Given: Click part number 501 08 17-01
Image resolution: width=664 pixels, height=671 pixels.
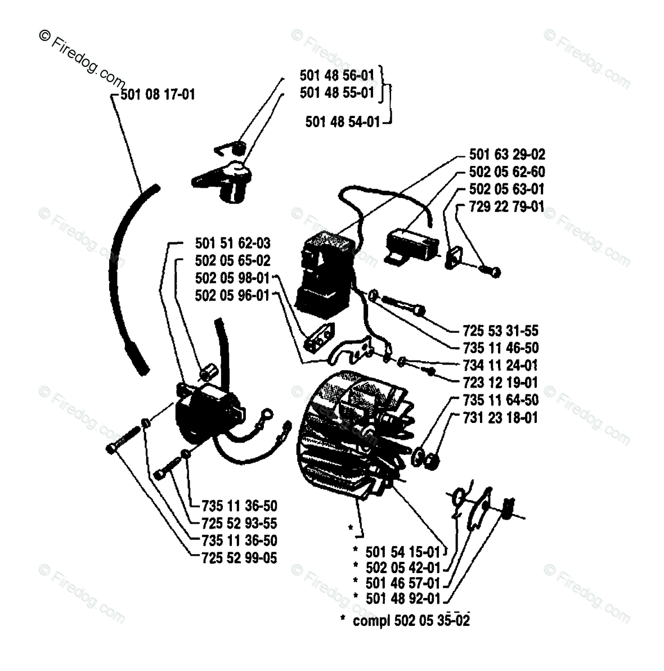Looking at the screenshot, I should (x=158, y=94).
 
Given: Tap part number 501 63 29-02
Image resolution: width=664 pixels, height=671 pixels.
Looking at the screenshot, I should (x=506, y=154).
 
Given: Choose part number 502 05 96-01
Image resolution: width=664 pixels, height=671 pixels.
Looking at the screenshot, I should (x=232, y=295).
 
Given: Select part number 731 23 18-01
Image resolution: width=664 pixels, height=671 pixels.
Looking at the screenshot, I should (x=500, y=418).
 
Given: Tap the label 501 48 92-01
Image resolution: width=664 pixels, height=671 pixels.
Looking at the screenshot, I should (x=403, y=599).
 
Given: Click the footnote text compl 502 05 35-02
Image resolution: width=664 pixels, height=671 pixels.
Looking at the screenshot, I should (x=411, y=620).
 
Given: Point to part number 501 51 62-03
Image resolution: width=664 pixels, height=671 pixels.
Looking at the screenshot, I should (x=232, y=244).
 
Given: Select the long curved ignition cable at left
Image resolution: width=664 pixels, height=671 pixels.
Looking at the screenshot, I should (x=125, y=276).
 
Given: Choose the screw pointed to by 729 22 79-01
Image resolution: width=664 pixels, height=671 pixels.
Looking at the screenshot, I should (x=489, y=271).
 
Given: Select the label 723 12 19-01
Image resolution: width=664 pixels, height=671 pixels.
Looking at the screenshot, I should (x=500, y=383).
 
